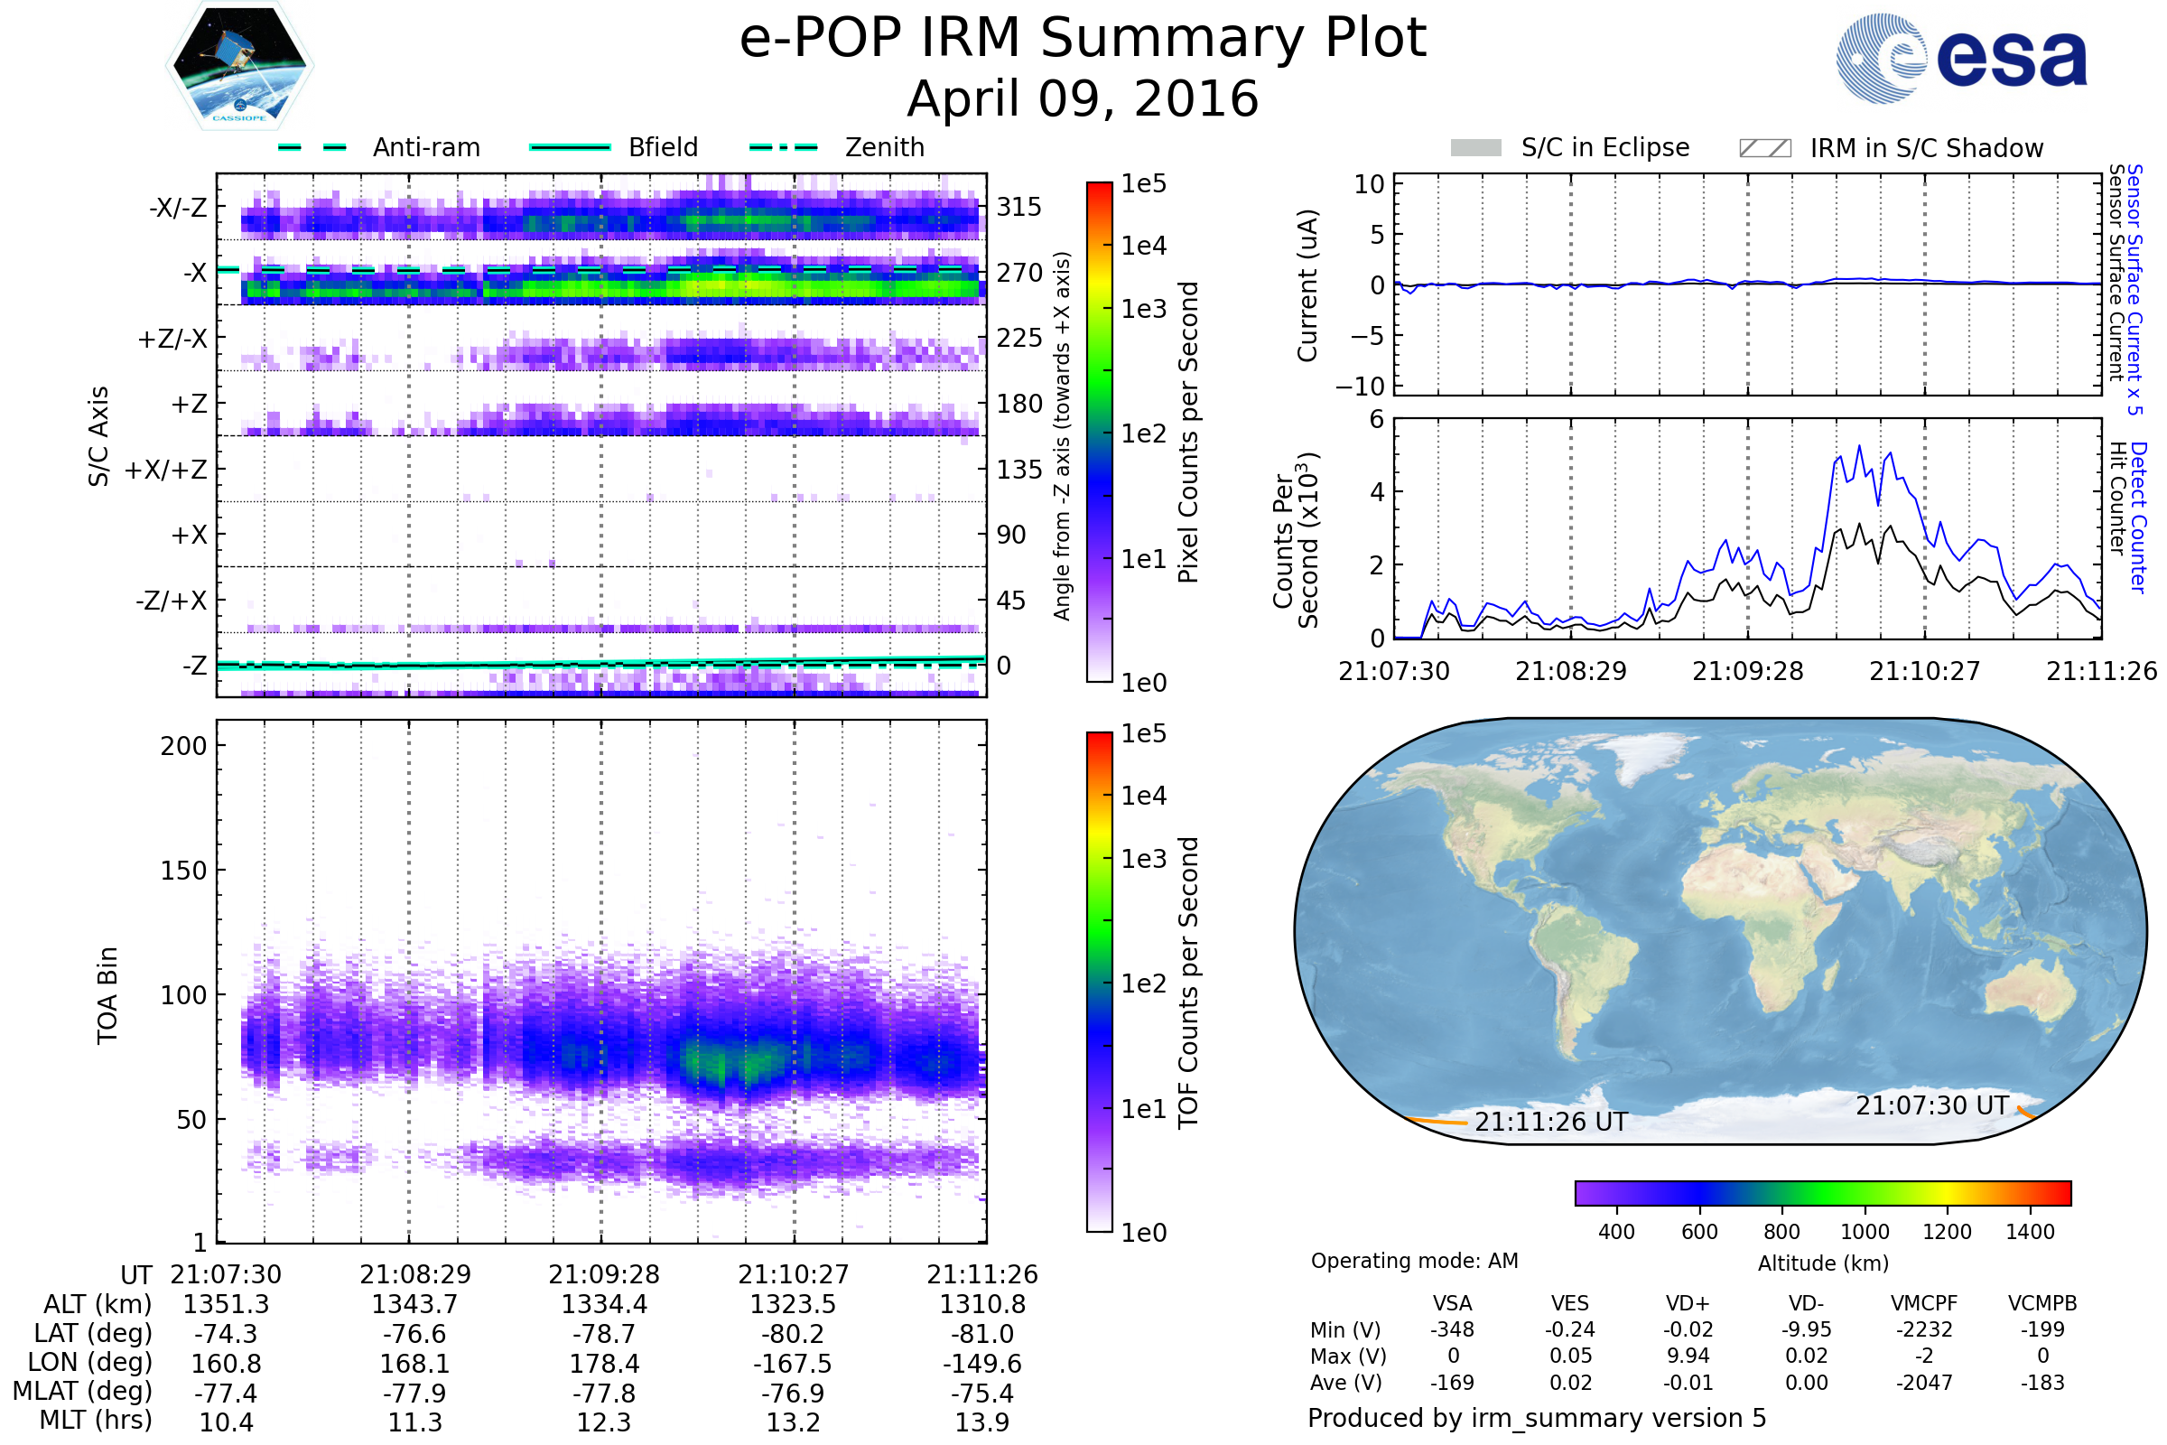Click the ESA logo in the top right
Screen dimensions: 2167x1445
point(1961,58)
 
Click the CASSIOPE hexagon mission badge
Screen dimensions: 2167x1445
point(239,65)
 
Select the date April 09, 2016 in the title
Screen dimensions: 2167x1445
point(1083,98)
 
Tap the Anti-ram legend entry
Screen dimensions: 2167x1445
point(378,147)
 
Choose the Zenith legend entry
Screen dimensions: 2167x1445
point(837,147)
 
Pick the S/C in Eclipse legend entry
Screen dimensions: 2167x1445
point(1570,147)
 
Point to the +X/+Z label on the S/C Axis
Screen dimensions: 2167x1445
point(166,470)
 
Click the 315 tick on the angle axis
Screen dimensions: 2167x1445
point(1019,207)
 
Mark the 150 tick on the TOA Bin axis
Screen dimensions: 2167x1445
point(183,870)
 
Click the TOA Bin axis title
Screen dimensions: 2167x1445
point(107,994)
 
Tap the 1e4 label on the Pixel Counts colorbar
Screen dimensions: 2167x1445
point(1143,245)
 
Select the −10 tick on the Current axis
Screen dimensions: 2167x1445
point(1360,386)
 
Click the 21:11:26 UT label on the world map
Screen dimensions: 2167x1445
point(1551,1122)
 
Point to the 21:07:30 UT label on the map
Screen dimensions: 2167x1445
point(1932,1105)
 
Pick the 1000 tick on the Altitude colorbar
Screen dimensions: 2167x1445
point(1865,1231)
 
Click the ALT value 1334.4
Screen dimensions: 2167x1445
point(604,1304)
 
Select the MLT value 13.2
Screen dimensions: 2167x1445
point(794,1422)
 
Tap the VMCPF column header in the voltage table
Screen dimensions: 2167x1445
point(1924,1303)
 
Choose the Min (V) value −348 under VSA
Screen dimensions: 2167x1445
point(1452,1328)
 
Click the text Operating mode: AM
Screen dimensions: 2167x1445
point(1414,1261)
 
